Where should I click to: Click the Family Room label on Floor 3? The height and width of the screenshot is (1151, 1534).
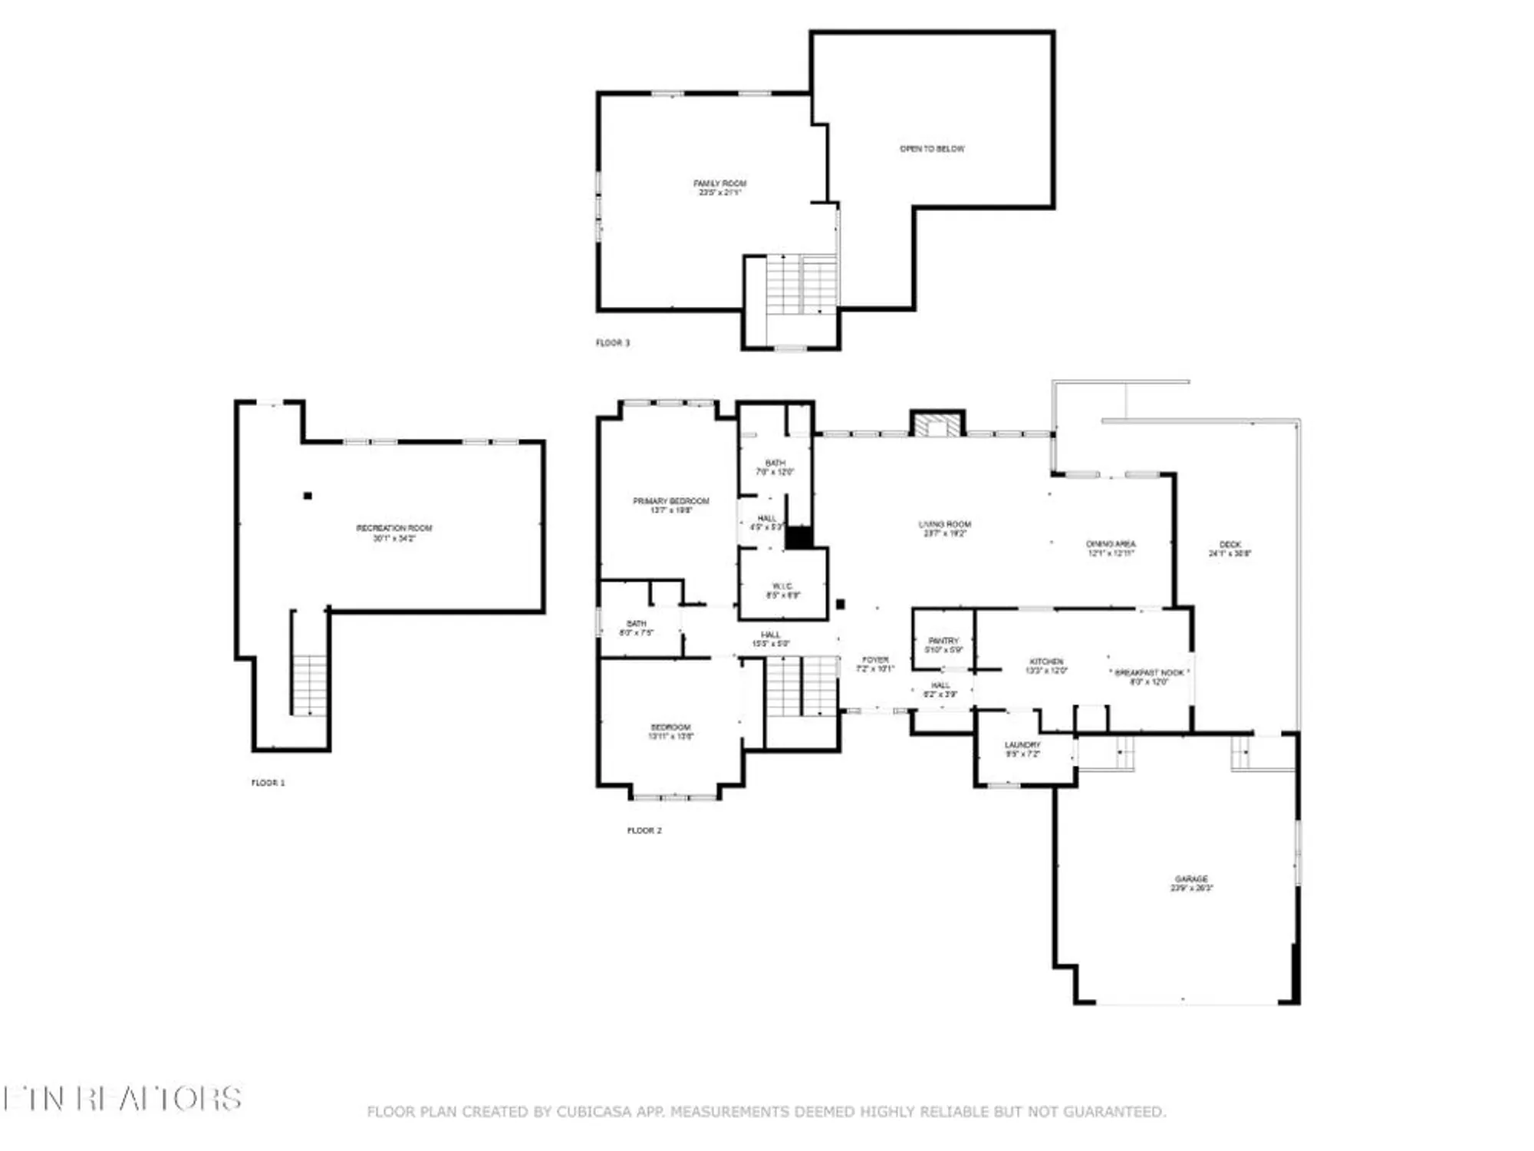pyautogui.click(x=719, y=187)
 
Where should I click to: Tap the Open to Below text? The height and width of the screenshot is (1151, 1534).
pyautogui.click(x=932, y=149)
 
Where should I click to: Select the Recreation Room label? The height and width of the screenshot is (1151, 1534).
pyautogui.click(x=394, y=533)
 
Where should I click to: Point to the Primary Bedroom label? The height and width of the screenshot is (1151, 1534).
pyautogui.click(x=671, y=505)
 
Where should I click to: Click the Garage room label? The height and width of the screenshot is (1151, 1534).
pyautogui.click(x=1191, y=883)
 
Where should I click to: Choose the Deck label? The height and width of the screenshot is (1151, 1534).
pyautogui.click(x=1230, y=549)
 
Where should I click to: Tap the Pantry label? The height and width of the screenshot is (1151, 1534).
pyautogui.click(x=943, y=645)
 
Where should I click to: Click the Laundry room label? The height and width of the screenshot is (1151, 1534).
pyautogui.click(x=1022, y=749)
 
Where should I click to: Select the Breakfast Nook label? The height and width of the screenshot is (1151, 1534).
pyautogui.click(x=1149, y=677)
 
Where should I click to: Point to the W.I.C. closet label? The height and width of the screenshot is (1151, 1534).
pyautogui.click(x=783, y=590)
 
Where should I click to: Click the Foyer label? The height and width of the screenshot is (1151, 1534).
pyautogui.click(x=875, y=664)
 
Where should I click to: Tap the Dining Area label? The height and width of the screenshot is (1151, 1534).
pyautogui.click(x=1111, y=548)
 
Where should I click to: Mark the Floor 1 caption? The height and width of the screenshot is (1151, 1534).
pyautogui.click(x=268, y=783)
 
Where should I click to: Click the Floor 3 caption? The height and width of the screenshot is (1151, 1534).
pyautogui.click(x=613, y=343)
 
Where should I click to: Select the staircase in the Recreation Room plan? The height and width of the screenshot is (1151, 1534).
pyautogui.click(x=310, y=684)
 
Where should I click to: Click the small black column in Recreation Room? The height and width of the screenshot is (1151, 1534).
pyautogui.click(x=308, y=496)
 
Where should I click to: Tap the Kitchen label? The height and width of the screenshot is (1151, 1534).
pyautogui.click(x=1046, y=665)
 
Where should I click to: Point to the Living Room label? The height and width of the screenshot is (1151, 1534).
pyautogui.click(x=945, y=529)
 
